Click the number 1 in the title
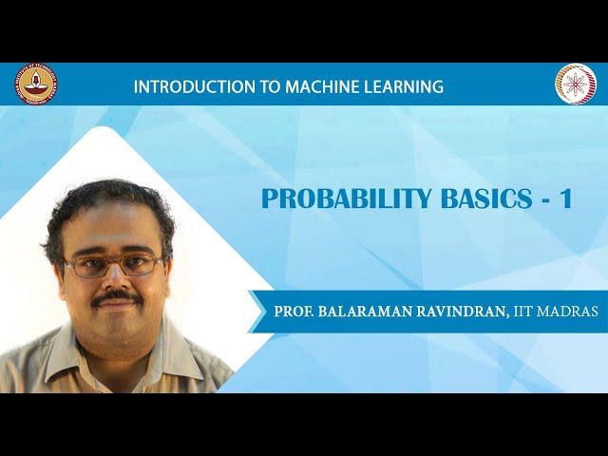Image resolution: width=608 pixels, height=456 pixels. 566,199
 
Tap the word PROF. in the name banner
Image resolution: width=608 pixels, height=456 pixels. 293,312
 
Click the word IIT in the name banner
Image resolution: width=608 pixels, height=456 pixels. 525,312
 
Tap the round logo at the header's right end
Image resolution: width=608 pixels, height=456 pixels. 575,85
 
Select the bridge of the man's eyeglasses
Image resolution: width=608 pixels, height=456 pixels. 114,261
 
